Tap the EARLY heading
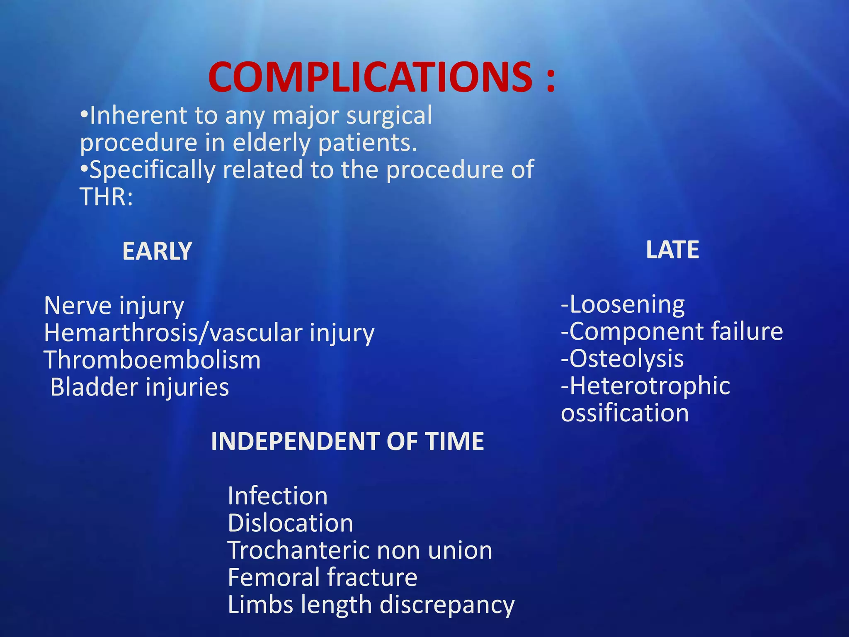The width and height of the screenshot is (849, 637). click(x=157, y=251)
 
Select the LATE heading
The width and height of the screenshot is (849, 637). click(x=672, y=250)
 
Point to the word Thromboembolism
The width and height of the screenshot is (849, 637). click(x=152, y=360)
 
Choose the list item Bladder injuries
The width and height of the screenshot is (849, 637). click(x=139, y=387)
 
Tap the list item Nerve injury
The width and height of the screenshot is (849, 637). click(x=114, y=306)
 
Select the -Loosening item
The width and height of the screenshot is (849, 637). click(x=623, y=305)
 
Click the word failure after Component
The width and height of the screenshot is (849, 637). click(x=747, y=331)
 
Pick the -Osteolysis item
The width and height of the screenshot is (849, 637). click(x=622, y=359)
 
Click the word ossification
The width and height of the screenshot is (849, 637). click(x=625, y=413)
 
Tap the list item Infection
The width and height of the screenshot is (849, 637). click(x=278, y=496)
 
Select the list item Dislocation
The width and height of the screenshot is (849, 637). click(x=290, y=523)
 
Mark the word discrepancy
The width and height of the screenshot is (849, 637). click(x=447, y=605)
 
